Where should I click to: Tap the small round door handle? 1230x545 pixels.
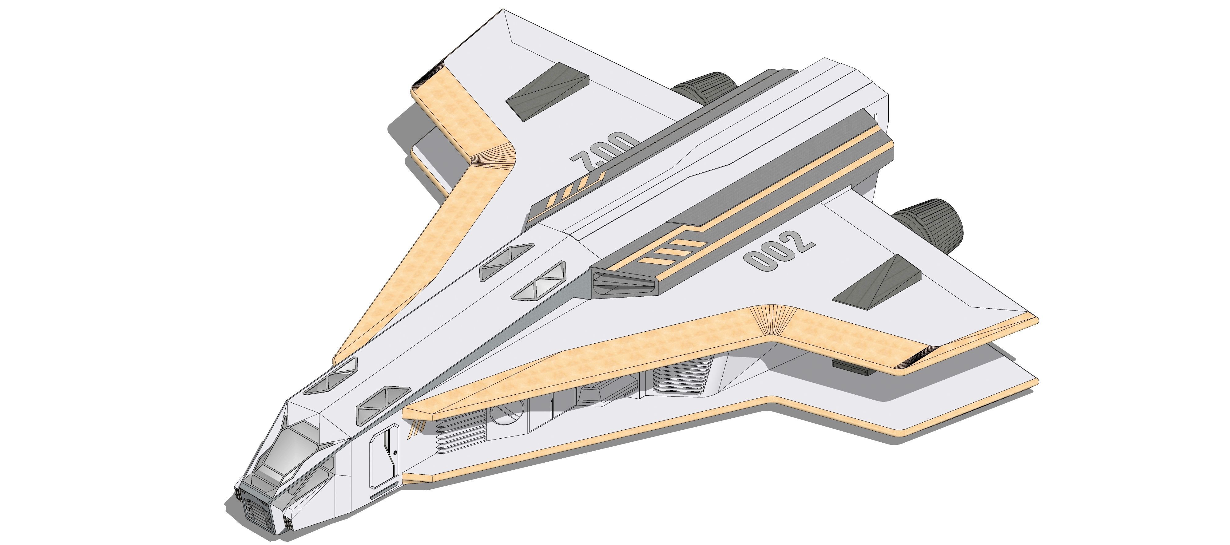tap(395, 452)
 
